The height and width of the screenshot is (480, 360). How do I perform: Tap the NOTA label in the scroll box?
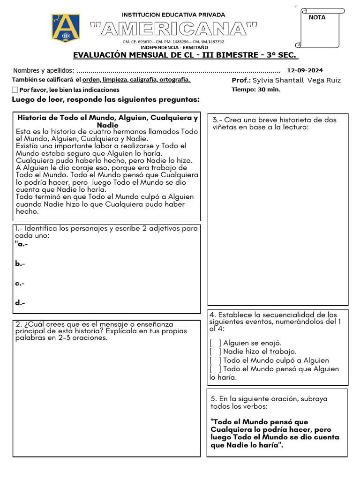click(317, 17)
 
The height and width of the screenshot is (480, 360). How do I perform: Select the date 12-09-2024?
click(305, 70)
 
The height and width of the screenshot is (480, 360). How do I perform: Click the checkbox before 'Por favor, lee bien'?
click(15, 90)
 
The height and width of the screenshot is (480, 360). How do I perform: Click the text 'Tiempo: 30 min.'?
click(256, 90)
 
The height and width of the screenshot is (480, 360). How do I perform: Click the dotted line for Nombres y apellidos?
click(178, 71)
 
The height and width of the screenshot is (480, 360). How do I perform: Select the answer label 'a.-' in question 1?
click(22, 244)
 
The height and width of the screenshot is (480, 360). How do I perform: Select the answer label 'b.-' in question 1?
click(20, 264)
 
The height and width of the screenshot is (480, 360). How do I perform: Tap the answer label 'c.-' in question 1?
click(20, 284)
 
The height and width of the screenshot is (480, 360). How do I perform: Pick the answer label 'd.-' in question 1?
click(20, 303)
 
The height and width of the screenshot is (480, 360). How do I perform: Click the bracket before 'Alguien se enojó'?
click(215, 343)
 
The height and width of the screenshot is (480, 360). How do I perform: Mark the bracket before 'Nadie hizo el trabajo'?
click(215, 352)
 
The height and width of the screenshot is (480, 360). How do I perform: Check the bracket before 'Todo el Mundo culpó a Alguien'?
click(215, 360)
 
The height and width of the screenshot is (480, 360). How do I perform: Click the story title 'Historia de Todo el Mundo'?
click(107, 118)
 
